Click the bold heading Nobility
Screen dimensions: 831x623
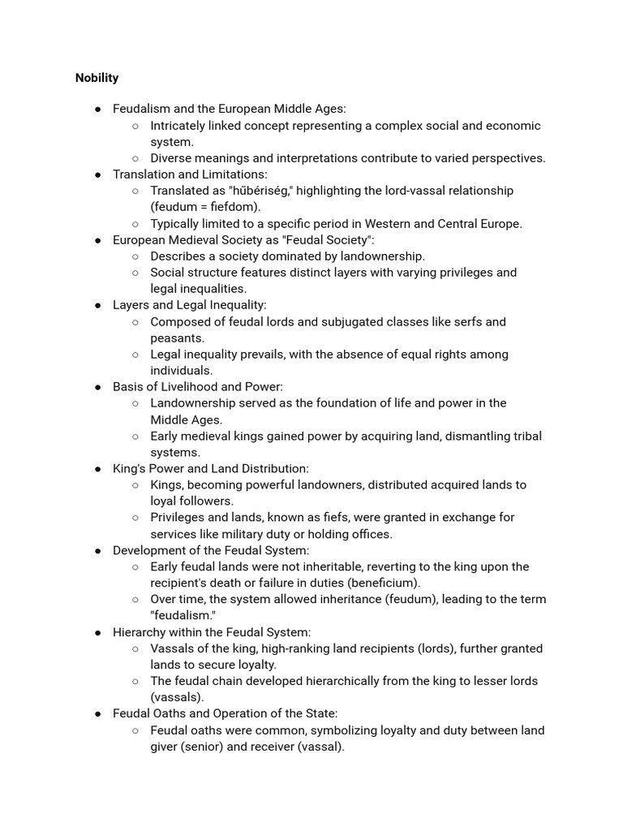tap(97, 78)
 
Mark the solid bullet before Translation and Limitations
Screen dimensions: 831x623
tap(97, 174)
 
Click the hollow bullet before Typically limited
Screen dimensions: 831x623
tap(135, 224)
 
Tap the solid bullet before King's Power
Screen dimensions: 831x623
tap(97, 469)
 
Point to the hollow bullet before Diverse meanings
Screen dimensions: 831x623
tap(135, 158)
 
